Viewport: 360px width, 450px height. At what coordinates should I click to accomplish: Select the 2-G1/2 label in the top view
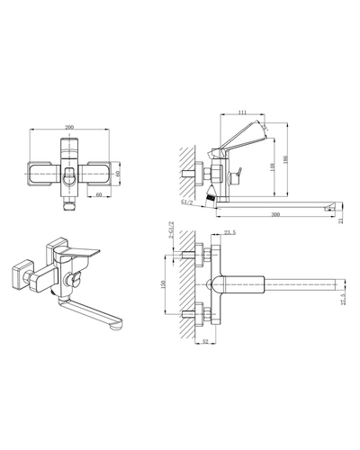172,238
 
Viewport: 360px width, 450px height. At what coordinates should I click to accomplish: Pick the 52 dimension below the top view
205,343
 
